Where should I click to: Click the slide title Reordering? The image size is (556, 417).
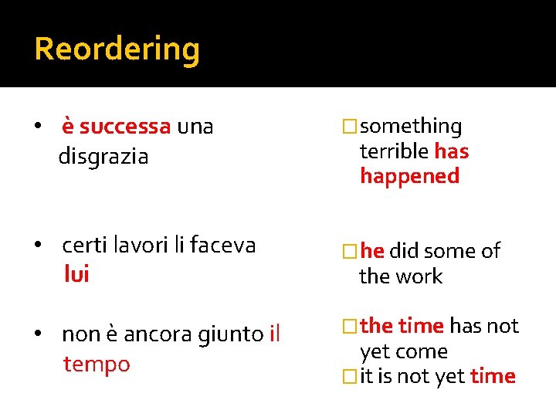tap(117, 49)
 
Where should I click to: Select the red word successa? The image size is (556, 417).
tap(125, 126)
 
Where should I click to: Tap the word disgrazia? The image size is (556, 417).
tap(103, 157)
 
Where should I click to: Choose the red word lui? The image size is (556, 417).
tap(76, 273)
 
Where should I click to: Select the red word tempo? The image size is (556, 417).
tap(97, 364)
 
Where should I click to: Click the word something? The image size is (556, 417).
tap(411, 126)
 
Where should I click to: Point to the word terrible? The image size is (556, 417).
tap(394, 151)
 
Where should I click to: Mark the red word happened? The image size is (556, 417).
tap(409, 176)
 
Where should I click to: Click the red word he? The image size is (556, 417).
tap(372, 250)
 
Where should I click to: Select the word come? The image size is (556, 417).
tap(421, 351)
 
